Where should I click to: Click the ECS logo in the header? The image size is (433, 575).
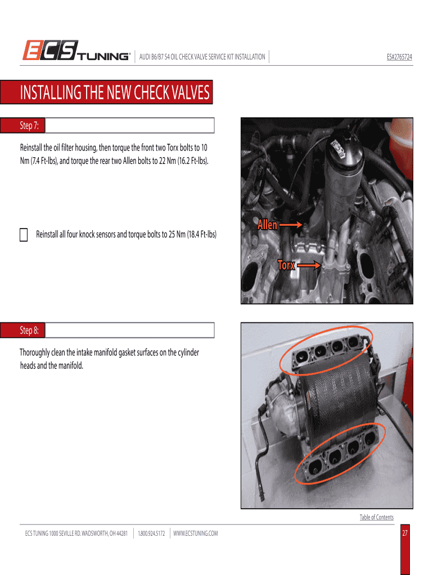tap(50, 50)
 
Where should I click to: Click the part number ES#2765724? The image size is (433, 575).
tap(399, 57)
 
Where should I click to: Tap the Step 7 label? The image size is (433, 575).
tap(29, 125)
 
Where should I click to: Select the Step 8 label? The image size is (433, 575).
tap(29, 330)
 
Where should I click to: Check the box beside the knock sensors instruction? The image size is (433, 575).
tap(24, 235)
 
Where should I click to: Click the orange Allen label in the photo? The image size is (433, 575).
tap(267, 225)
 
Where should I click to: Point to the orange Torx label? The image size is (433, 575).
tap(286, 265)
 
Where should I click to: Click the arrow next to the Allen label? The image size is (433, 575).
tap(291, 225)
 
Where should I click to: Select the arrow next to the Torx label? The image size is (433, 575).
tap(309, 265)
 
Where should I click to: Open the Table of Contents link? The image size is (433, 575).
tap(376, 517)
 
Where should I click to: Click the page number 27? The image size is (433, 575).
tap(405, 533)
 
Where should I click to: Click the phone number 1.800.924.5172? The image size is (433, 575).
tap(151, 533)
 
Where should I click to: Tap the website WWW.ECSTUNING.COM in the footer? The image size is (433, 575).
tap(195, 533)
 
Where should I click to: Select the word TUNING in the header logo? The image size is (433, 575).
tap(103, 57)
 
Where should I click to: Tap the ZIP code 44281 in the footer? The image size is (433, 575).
tap(121, 533)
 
